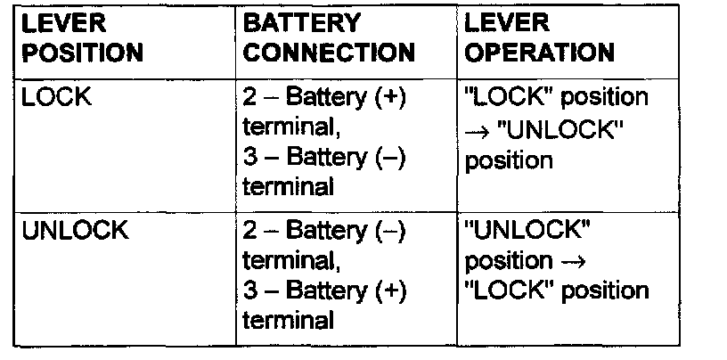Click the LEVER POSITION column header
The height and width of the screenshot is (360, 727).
[x=82, y=38]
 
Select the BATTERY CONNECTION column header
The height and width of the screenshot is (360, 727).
[x=329, y=38]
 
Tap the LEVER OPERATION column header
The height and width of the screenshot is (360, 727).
[x=540, y=38]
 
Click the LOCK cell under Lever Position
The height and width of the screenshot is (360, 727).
[x=54, y=98]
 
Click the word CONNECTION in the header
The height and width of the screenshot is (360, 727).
[x=329, y=53]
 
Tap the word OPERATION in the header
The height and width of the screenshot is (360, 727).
[x=540, y=53]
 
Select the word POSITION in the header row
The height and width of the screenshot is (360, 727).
[x=82, y=53]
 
